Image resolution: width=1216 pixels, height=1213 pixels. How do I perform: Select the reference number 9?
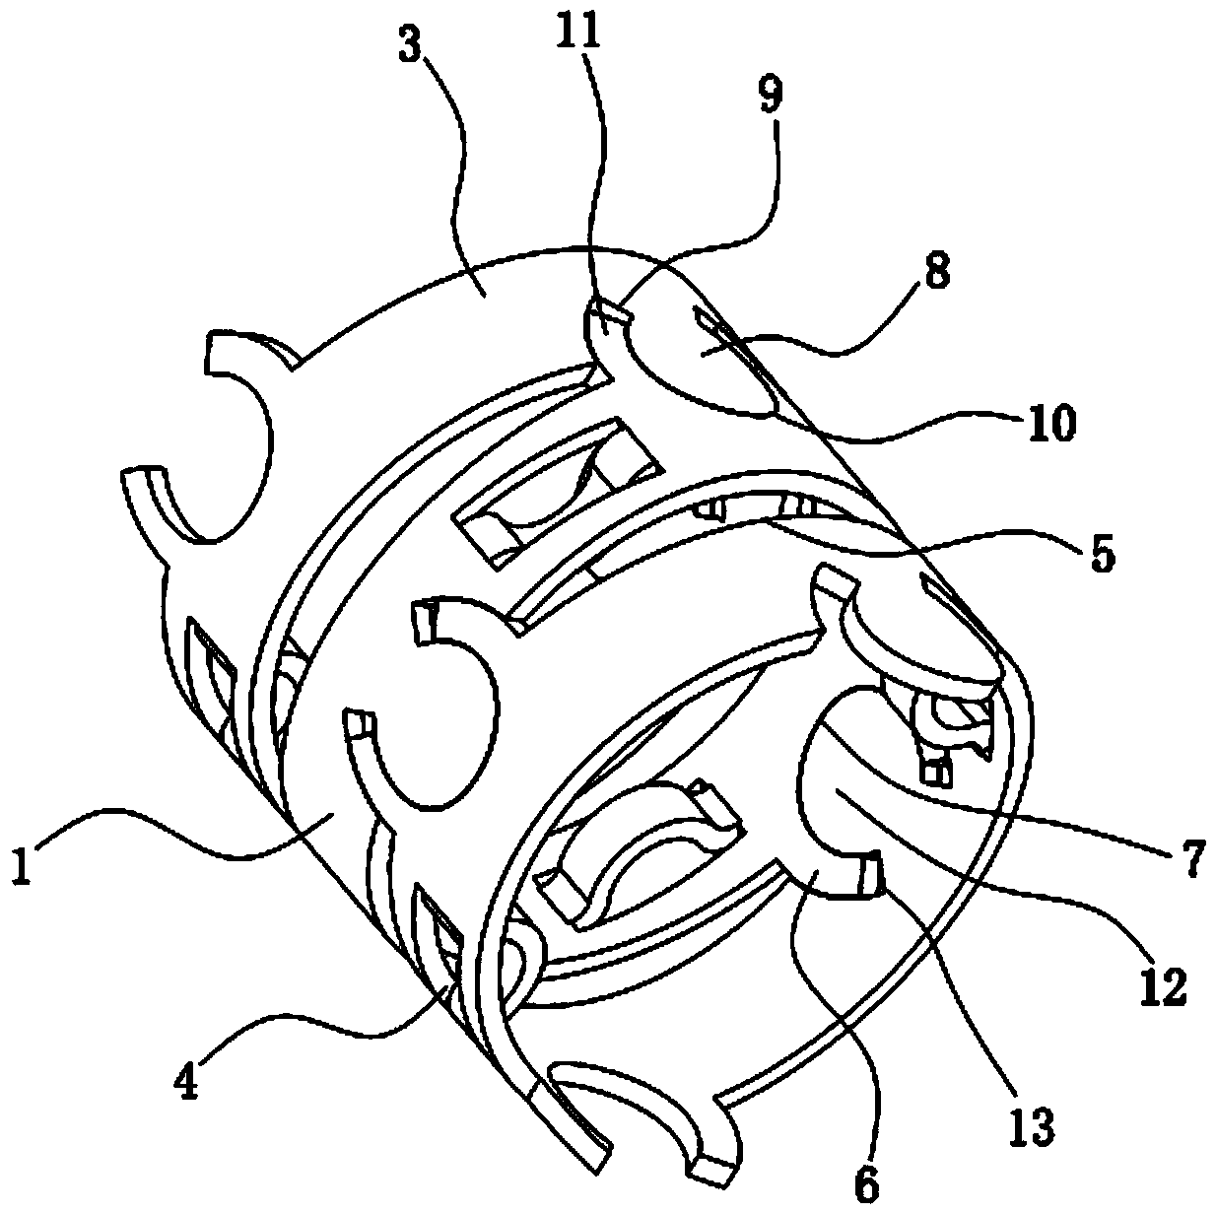770,95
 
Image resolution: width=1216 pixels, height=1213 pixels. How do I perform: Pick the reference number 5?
1102,555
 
